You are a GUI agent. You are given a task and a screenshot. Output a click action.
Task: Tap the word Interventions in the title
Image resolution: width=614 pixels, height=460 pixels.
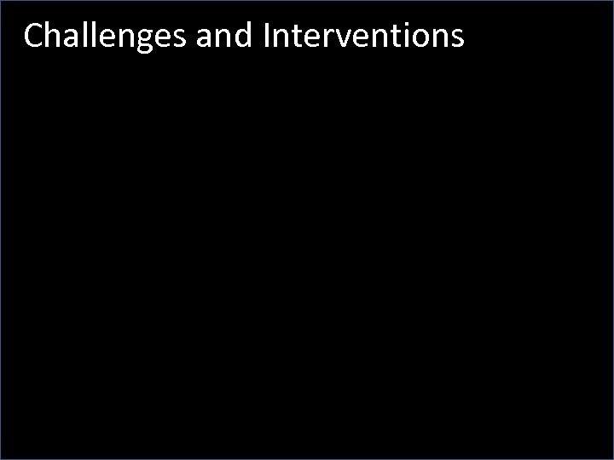click(364, 37)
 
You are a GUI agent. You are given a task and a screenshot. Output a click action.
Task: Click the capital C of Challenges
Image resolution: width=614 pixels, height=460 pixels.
click(33, 37)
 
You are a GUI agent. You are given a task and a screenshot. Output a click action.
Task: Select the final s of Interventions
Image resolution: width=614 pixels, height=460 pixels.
click(456, 38)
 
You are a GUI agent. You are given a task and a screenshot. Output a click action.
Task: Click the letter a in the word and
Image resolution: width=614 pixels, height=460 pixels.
click(205, 38)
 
